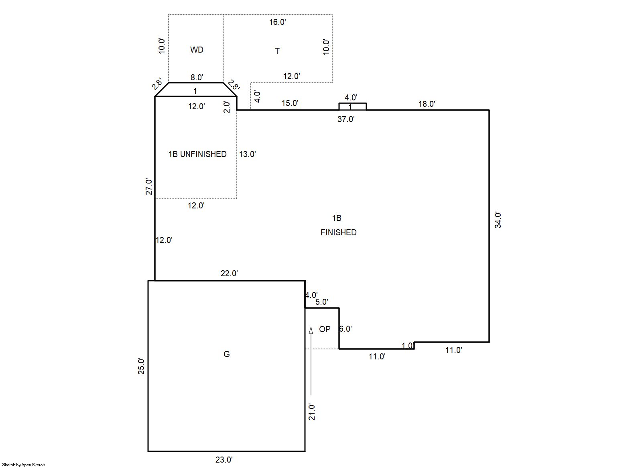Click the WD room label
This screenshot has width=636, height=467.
[x=197, y=50]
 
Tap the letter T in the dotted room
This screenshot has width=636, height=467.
[x=277, y=51]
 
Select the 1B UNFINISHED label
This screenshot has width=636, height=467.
[x=197, y=154]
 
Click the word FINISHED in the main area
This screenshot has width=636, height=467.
[x=338, y=232]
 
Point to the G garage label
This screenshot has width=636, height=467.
[x=227, y=354]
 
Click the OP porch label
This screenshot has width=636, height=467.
[x=325, y=329]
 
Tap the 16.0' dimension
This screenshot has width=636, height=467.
[x=277, y=22]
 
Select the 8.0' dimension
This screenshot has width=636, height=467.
[x=197, y=77]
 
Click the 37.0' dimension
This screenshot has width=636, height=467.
[x=346, y=119]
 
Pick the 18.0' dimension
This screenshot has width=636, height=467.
[x=427, y=104]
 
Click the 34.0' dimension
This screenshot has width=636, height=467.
[x=498, y=220]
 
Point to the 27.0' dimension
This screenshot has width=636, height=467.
[x=149, y=187]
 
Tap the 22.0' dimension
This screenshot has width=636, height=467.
[x=229, y=273]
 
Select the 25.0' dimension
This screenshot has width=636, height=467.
[x=141, y=366]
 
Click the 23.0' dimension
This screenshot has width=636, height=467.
[x=224, y=460]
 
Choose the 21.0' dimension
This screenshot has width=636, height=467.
[x=312, y=412]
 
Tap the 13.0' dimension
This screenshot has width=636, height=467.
[x=247, y=154]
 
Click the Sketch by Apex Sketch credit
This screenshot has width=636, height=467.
[x=24, y=465]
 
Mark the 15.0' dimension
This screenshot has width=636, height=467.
[x=290, y=103]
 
